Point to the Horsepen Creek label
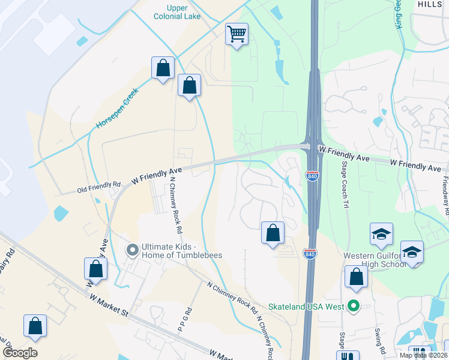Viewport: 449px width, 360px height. (x=117, y=109)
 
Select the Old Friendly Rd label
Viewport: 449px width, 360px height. (x=99, y=188)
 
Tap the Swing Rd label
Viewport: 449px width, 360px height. (x=379, y=341)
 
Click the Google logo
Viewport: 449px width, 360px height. (x=20, y=353)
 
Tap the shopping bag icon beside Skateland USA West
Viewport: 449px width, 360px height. (x=356, y=277)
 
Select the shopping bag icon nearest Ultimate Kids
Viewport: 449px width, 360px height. (x=95, y=269)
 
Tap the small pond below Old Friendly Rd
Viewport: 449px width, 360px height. (x=61, y=213)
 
